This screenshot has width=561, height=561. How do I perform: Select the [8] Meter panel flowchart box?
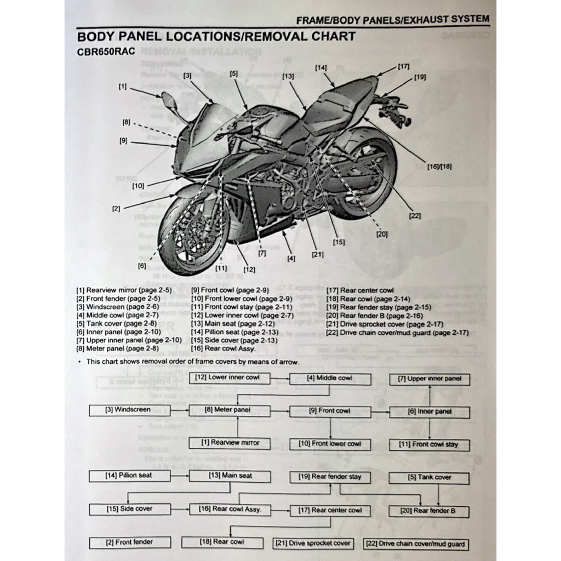[230, 410]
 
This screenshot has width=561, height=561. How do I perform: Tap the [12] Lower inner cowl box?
[230, 377]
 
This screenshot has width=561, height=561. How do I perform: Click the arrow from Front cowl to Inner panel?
[380, 411]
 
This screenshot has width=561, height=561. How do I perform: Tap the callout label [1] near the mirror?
[122, 87]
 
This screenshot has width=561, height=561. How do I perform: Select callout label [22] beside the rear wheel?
[415, 215]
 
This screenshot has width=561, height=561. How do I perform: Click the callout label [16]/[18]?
[439, 165]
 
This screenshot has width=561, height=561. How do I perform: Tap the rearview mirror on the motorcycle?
[168, 101]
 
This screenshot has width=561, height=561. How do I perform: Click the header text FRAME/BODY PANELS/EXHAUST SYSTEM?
[392, 20]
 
